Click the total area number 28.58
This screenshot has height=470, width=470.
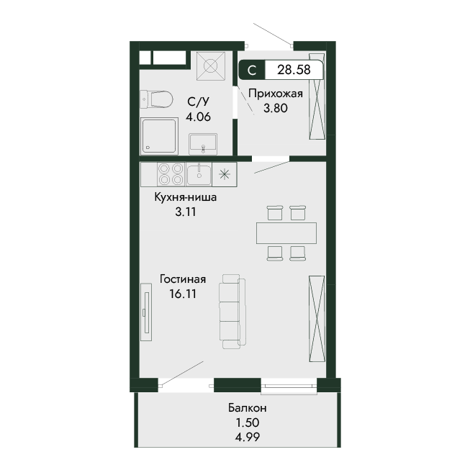tap(294, 70)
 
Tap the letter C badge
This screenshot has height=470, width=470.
tap(252, 70)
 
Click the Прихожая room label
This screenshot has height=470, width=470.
tap(276, 94)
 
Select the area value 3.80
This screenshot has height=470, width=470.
tap(276, 108)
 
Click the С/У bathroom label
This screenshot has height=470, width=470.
tap(198, 102)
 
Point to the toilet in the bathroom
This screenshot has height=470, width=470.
tap(156, 99)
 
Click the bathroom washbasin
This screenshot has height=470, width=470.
tap(203, 144)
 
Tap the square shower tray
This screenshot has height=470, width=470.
tap(160, 136)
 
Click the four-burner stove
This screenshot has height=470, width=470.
tap(171, 174)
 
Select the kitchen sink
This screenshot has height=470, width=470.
tap(199, 174)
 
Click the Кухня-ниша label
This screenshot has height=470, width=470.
tap(186, 197)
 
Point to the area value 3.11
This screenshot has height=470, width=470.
tap(186, 212)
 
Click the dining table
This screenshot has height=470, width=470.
tap(286, 233)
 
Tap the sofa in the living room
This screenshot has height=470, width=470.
tap(232, 311)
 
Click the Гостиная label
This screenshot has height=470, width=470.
tap(183, 279)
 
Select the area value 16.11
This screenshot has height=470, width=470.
tap(183, 294)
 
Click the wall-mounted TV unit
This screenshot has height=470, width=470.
tap(146, 312)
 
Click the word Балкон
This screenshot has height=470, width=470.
tap(248, 408)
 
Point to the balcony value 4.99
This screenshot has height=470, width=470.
tap(248, 438)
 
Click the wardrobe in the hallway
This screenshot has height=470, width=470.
tap(317, 96)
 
